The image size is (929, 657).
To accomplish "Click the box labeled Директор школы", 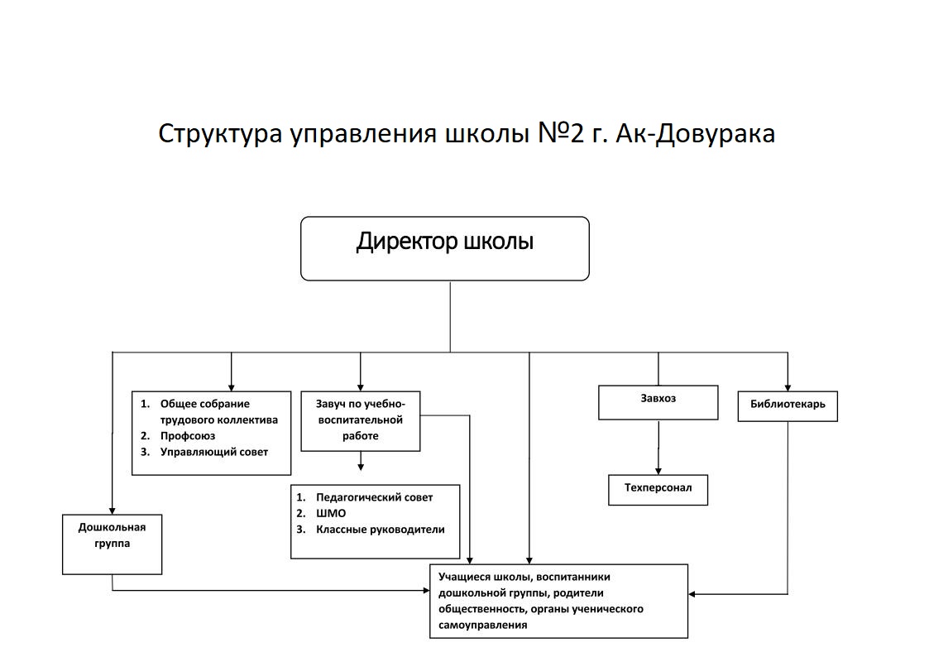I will (444, 248).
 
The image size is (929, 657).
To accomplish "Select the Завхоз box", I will (658, 402).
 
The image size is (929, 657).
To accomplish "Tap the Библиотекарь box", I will (788, 405).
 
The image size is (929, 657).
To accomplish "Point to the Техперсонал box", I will (658, 489).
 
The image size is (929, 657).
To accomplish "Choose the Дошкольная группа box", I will (112, 544).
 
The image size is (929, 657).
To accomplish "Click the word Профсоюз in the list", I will (188, 435).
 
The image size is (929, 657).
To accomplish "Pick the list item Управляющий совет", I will (214, 452).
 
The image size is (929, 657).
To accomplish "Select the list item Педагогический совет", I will (374, 497).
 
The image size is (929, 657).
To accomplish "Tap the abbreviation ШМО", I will (331, 513).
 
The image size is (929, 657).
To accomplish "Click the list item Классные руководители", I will (380, 530).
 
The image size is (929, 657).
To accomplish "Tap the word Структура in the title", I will (220, 133).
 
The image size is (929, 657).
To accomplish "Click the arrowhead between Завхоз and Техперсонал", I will (658, 470).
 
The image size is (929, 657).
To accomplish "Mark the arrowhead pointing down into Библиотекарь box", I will (788, 386).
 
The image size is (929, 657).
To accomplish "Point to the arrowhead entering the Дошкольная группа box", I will (113, 510).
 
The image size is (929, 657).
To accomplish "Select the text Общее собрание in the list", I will (204, 404).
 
